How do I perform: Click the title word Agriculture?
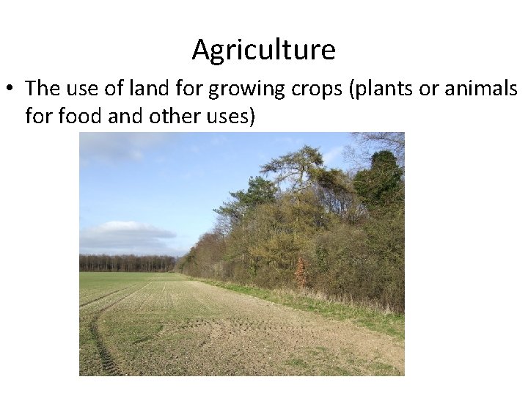264,50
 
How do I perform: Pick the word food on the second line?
80,116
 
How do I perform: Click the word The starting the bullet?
41,89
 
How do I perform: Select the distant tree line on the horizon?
128,263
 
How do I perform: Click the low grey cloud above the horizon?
125,233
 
